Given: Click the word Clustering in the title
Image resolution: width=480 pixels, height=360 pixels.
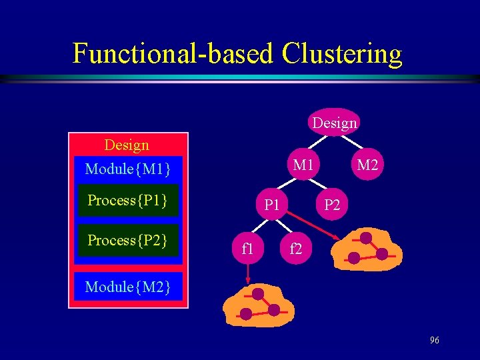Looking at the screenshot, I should [342, 53].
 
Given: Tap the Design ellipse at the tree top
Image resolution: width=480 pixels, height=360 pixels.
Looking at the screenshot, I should [334, 123].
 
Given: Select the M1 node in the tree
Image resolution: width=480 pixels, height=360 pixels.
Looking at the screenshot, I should [303, 164].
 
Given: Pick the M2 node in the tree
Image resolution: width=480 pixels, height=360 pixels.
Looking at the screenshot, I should [367, 164].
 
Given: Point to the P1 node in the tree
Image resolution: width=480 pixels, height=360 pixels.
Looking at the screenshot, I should [271, 205].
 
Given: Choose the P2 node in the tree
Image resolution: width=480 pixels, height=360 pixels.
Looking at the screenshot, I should [331, 205].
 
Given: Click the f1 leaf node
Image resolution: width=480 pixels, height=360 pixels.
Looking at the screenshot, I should [247, 249].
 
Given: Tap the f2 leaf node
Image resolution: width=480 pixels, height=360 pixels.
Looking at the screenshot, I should [295, 249].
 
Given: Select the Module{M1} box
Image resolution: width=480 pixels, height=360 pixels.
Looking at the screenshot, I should [128, 169].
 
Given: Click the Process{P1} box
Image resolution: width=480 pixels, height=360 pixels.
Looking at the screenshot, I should [127, 201].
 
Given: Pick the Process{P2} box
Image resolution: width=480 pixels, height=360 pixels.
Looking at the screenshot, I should [127, 240].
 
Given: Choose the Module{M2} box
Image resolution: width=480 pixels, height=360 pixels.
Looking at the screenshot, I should [128, 287].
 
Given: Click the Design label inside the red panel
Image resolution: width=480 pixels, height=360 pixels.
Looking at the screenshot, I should [127, 145].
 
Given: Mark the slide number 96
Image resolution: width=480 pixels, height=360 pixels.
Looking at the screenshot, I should [434, 341].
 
